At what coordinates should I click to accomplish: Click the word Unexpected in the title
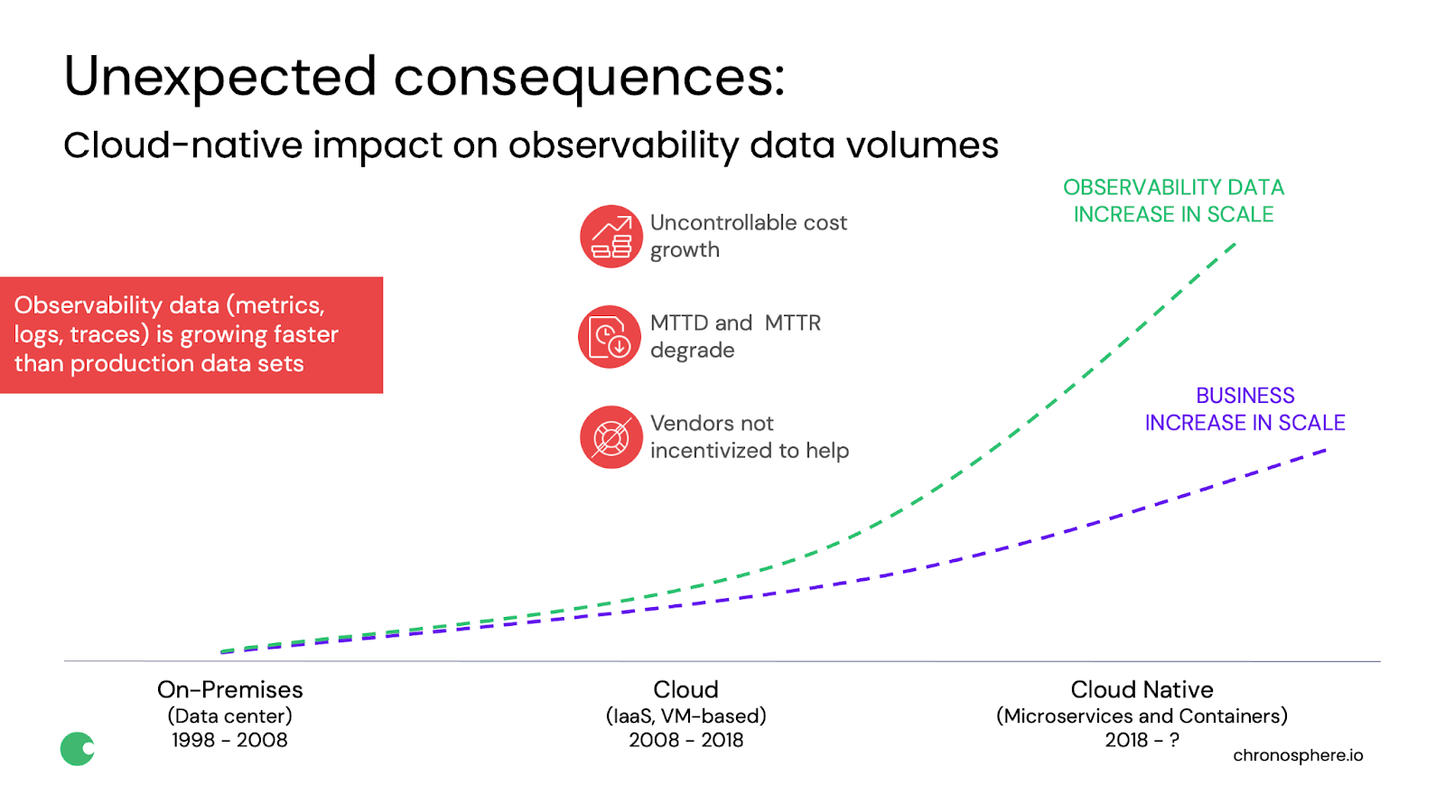[x=220, y=78]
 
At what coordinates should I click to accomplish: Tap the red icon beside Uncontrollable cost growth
[x=611, y=236]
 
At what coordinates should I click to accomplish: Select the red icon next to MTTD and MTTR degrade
[x=610, y=337]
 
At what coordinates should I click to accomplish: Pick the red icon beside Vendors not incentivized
[x=611, y=437]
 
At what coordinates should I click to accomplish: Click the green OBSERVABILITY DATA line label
[x=1173, y=201]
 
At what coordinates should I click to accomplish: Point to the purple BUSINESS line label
[x=1245, y=409]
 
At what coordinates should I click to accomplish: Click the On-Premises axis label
[x=229, y=690]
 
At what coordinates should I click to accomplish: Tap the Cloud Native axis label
[x=1142, y=690]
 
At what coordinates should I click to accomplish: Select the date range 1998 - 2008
[x=229, y=740]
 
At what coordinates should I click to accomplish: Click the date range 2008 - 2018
[x=685, y=740]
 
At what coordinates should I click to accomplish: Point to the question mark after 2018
[x=1174, y=740]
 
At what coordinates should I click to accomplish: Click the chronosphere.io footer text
[x=1298, y=755]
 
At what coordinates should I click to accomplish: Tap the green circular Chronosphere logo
[x=78, y=749]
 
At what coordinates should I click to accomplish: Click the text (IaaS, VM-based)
[x=685, y=716]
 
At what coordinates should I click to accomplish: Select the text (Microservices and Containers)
[x=1142, y=716]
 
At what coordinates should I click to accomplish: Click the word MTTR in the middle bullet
[x=793, y=323]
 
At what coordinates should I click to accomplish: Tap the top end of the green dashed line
[x=1235, y=244]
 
